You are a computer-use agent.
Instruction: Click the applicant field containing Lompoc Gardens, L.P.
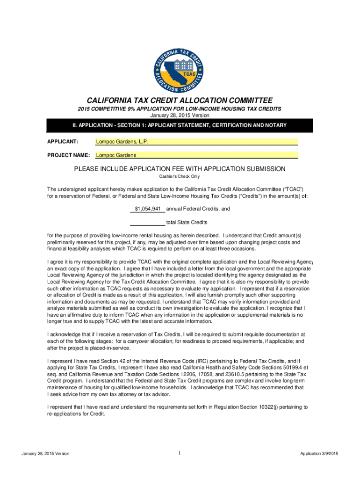point(196,142)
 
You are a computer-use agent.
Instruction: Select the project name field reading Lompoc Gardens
point(196,155)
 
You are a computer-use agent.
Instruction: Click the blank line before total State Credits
point(147,222)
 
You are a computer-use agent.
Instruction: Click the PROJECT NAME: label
point(69,155)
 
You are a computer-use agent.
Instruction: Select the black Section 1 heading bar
point(180,125)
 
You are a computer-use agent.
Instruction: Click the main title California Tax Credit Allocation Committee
point(180,100)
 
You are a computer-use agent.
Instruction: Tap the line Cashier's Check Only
point(180,176)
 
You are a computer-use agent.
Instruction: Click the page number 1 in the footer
point(180,453)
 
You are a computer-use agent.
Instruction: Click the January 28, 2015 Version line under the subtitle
point(180,115)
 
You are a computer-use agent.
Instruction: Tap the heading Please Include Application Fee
point(180,169)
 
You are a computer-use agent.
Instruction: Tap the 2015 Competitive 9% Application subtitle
point(180,109)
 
